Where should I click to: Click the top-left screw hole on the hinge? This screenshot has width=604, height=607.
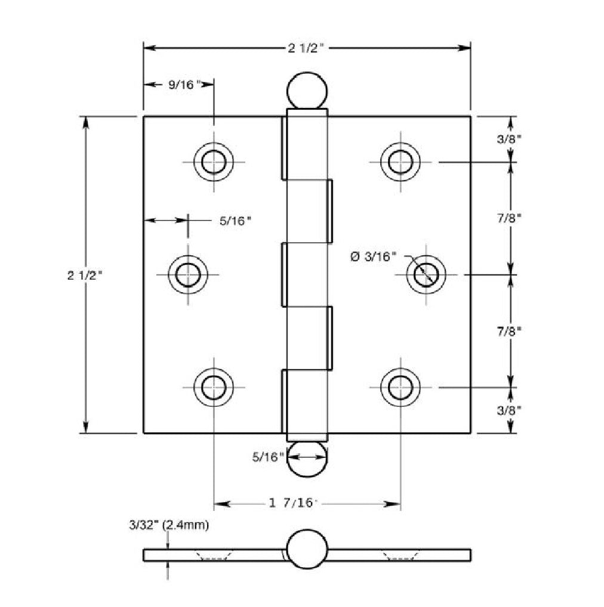214,161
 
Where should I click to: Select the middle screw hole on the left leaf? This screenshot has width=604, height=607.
188,274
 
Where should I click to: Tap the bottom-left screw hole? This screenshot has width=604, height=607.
214,387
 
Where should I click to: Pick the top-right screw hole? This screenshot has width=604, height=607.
400,161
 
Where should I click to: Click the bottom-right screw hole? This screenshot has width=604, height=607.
400,387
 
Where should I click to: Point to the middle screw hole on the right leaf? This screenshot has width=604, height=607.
426,274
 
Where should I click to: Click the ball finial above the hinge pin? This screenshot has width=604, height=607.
307,91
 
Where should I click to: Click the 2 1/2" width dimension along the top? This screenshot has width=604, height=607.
306,48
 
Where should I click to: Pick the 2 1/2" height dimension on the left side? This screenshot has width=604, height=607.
86,274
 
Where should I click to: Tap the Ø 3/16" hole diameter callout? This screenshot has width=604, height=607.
374,256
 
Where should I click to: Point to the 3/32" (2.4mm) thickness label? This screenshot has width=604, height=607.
168,525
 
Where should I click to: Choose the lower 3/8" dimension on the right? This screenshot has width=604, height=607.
511,410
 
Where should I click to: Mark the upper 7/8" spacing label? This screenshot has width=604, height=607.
511,218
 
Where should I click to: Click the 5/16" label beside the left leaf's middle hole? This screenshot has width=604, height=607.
235,221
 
